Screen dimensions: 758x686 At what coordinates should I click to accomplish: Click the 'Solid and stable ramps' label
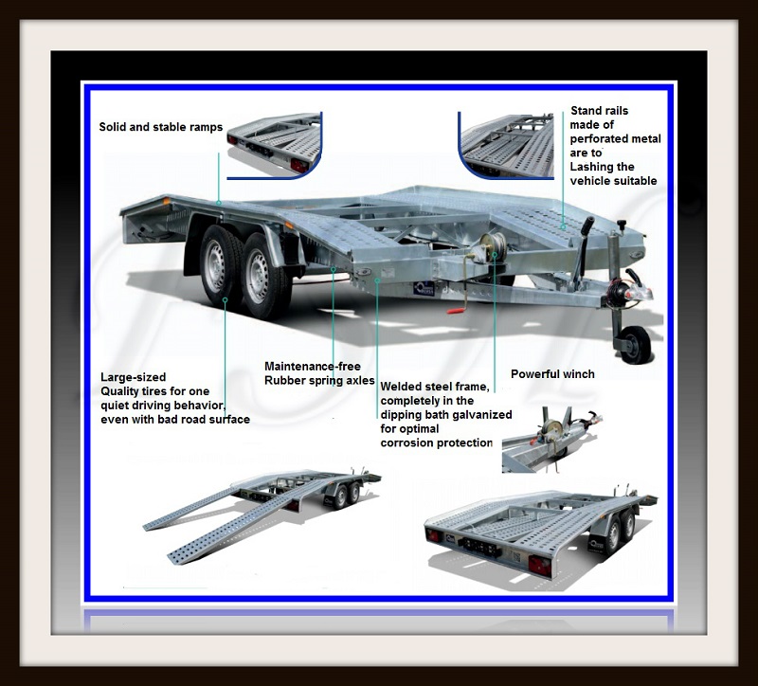[160, 127]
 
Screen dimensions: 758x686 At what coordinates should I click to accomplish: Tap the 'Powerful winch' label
[552, 374]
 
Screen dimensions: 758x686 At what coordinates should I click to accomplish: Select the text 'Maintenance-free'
[313, 367]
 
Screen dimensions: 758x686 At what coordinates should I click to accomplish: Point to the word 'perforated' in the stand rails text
[595, 139]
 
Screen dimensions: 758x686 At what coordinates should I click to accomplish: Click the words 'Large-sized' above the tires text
[133, 377]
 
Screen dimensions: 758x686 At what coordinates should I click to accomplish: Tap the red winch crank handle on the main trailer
[456, 311]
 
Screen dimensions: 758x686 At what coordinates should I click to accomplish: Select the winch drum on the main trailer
[492, 247]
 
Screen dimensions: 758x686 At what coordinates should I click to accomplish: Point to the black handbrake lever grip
[588, 226]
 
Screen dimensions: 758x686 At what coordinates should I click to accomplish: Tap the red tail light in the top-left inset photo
[298, 165]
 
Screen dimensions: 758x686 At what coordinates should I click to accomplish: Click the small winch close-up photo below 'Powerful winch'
[551, 440]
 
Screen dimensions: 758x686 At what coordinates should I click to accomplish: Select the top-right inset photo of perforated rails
[506, 145]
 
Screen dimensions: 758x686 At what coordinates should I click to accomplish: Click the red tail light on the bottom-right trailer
[539, 565]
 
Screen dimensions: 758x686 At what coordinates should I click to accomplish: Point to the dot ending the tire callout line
[225, 300]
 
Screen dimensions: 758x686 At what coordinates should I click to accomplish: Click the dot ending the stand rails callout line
[563, 226]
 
